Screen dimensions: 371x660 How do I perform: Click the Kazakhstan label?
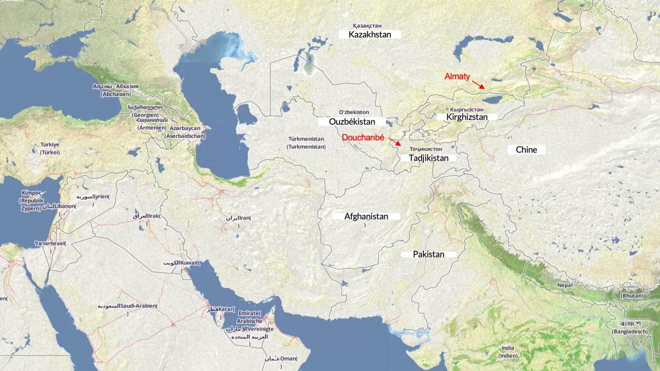click(x=370, y=34)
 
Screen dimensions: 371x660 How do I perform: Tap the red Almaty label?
click(x=457, y=76)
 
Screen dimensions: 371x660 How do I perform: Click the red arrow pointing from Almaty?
click(x=478, y=84)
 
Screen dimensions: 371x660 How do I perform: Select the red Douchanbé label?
click(x=363, y=138)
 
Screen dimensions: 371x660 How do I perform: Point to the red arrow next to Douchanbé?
click(x=395, y=142)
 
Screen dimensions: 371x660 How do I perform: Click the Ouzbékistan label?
click(x=352, y=122)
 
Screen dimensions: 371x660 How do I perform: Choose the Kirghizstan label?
click(x=467, y=117)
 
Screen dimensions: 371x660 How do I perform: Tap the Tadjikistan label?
click(x=428, y=158)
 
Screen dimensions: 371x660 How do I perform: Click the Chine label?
click(x=526, y=150)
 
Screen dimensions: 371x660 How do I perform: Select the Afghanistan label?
click(x=366, y=216)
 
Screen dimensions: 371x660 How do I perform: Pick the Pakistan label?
click(x=428, y=254)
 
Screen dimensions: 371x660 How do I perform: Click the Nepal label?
click(x=565, y=285)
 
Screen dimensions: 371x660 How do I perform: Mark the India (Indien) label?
click(x=508, y=352)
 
